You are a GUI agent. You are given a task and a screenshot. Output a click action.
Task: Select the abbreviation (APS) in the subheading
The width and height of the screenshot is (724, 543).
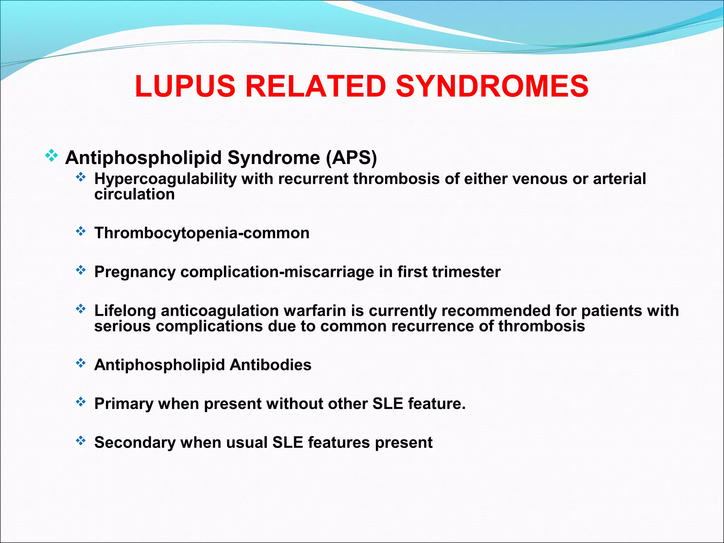tap(351, 158)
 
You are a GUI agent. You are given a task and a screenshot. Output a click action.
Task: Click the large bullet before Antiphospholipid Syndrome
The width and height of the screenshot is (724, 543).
tap(52, 156)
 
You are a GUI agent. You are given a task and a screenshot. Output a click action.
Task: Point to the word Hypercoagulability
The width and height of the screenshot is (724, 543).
tap(165, 179)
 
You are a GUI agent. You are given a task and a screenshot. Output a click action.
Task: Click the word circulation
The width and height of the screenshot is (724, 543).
tap(134, 194)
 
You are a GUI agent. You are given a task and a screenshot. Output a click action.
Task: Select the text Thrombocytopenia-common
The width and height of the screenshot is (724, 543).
tap(202, 233)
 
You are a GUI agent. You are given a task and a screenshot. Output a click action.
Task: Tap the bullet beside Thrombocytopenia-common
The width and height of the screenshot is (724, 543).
tap(81, 232)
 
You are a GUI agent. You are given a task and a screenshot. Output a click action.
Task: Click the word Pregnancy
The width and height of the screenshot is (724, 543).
tap(135, 272)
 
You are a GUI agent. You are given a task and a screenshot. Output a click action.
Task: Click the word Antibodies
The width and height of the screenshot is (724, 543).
tap(270, 365)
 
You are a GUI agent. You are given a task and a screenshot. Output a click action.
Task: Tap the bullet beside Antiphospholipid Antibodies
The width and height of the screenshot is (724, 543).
tap(81, 363)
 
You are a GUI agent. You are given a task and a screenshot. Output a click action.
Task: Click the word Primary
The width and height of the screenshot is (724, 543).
tap(123, 404)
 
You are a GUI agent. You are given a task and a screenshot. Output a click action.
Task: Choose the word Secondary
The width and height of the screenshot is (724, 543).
tap(135, 443)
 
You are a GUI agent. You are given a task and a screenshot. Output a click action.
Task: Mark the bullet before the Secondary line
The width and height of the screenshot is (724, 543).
tap(81, 441)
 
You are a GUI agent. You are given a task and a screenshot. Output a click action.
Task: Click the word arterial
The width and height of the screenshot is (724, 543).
tap(619, 179)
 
